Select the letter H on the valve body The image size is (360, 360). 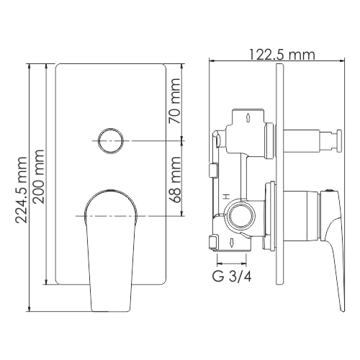225,196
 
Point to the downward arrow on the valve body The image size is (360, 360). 228,241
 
